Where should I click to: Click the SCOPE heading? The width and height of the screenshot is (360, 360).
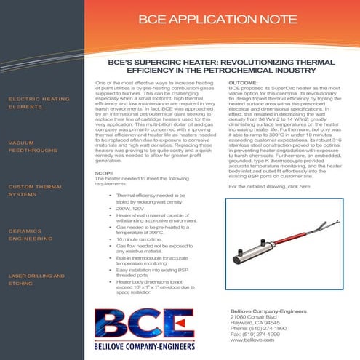pyautogui.click(x=105, y=174)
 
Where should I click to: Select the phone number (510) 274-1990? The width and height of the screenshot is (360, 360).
pyautogui.click(x=267, y=329)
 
